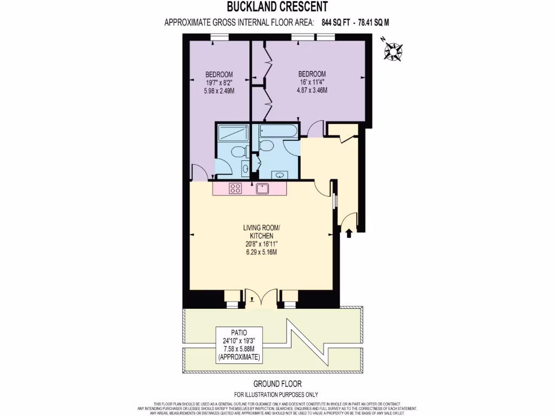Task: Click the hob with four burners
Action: click(236, 188)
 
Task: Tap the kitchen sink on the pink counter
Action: click(262, 188)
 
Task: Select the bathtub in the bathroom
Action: click(278, 131)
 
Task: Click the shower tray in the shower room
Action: click(233, 133)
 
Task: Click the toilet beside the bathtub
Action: click(265, 145)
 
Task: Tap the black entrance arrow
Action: click(349, 232)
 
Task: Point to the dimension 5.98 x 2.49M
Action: click(219, 91)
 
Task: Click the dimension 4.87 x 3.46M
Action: click(312, 90)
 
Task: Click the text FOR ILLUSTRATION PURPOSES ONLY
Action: click(276, 394)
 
